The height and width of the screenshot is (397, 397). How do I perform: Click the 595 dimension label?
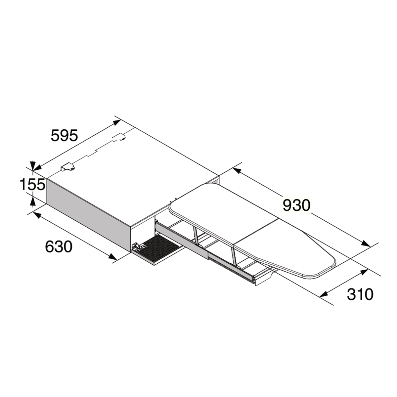click(65, 135)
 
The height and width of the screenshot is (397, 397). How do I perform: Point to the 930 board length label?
click(296, 205)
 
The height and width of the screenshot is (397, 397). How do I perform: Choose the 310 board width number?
click(360, 294)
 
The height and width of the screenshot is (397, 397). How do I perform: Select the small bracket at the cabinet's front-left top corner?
click(67, 167)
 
